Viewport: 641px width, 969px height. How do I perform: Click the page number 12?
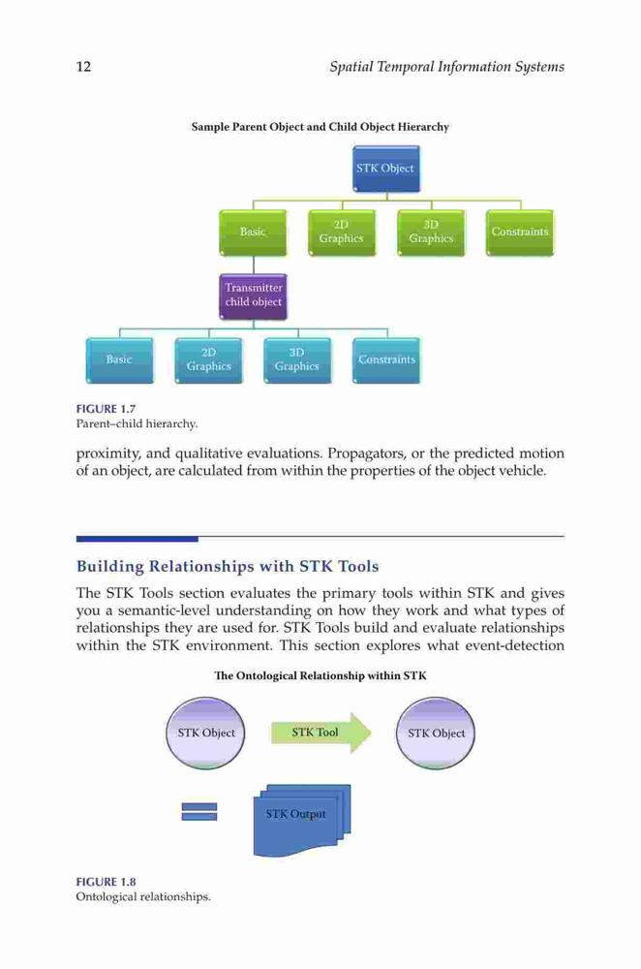tap(83, 67)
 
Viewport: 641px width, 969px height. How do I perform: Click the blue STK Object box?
tap(386, 169)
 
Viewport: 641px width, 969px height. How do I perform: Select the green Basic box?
tap(253, 233)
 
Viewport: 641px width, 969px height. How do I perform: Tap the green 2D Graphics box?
tap(342, 233)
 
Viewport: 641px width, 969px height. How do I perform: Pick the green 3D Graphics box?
tap(431, 233)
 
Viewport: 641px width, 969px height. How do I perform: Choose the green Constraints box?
tap(520, 233)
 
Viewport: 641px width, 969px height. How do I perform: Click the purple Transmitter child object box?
tap(253, 297)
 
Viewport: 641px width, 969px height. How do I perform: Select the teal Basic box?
tap(119, 360)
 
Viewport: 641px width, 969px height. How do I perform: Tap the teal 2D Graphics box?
tap(209, 360)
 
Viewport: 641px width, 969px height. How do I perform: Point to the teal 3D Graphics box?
tap(297, 360)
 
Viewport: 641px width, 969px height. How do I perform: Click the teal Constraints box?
tap(386, 360)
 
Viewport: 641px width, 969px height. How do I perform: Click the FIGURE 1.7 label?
tap(106, 409)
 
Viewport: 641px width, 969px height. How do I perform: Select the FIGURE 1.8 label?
tap(106, 882)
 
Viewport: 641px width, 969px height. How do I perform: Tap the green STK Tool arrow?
tap(321, 733)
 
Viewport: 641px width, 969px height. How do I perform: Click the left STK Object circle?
tap(205, 733)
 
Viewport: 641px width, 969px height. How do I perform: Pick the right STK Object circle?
tap(436, 733)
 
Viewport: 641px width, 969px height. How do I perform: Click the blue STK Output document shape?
tap(302, 820)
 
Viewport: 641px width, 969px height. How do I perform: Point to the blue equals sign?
tap(198, 811)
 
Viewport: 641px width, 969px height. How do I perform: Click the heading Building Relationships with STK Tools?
tap(228, 566)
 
